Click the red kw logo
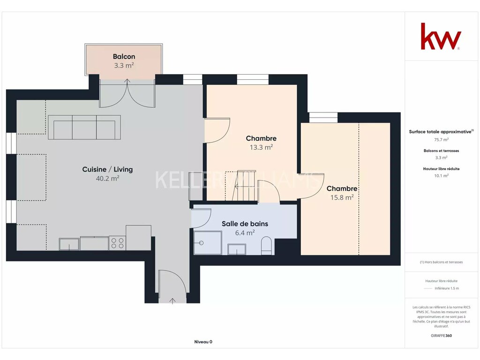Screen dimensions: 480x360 click(x=441, y=36)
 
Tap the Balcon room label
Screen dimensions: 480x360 click(x=124, y=57)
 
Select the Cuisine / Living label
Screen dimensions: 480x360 click(x=107, y=169)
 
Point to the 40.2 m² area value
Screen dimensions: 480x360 click(x=107, y=179)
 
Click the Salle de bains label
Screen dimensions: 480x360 click(x=245, y=224)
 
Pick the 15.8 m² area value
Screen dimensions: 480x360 click(x=342, y=197)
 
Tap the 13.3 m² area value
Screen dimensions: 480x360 click(x=261, y=147)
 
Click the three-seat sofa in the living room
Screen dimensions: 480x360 click(x=84, y=127)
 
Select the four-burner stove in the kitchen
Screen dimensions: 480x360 click(x=117, y=243)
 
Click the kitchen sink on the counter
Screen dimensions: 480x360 click(x=69, y=244)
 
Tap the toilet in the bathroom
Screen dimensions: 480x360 click(x=266, y=246)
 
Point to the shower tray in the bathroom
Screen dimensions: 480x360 click(x=208, y=243)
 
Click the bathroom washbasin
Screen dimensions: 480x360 click(x=237, y=249)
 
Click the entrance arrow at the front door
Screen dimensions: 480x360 click(x=172, y=301)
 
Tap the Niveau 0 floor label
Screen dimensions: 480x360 click(x=203, y=342)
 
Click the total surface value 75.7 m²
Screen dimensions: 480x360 click(x=441, y=140)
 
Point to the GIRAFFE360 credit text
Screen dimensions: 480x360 click(x=441, y=336)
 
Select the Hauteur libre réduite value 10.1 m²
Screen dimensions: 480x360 click(x=441, y=176)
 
